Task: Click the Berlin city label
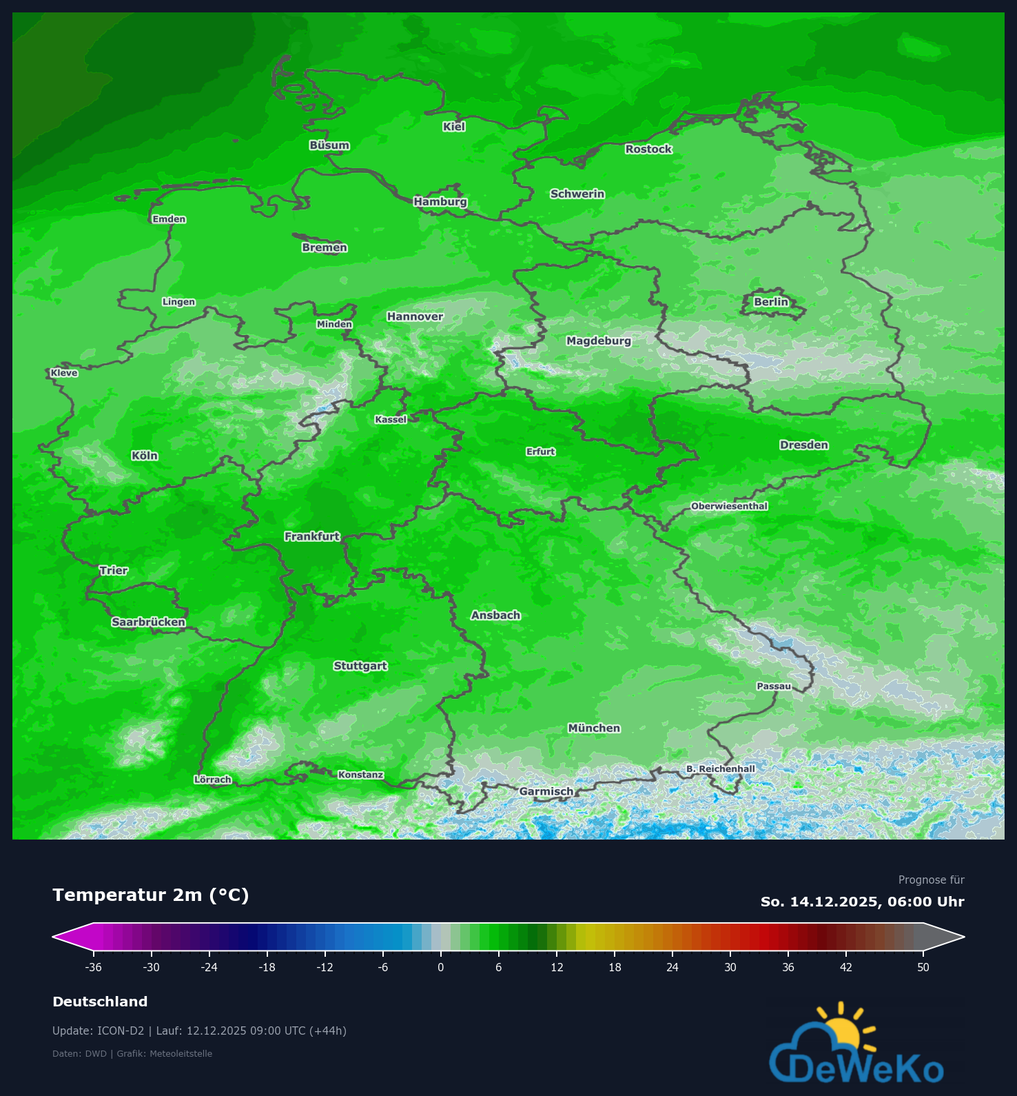pyautogui.click(x=770, y=302)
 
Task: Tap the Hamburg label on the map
pyautogui.click(x=440, y=202)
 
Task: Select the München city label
pyautogui.click(x=594, y=728)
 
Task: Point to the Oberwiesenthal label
pyautogui.click(x=729, y=506)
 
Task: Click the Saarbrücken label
pyautogui.click(x=148, y=622)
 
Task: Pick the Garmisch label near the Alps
pyautogui.click(x=546, y=791)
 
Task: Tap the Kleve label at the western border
pyautogui.click(x=64, y=373)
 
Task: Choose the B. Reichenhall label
pyautogui.click(x=720, y=769)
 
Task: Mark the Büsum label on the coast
pyautogui.click(x=329, y=145)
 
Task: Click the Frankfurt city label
pyautogui.click(x=312, y=536)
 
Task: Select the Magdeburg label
pyautogui.click(x=598, y=341)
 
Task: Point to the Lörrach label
pyautogui.click(x=213, y=780)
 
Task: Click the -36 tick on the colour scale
pyautogui.click(x=94, y=967)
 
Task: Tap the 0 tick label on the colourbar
pyautogui.click(x=441, y=967)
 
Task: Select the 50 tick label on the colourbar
pyautogui.click(x=923, y=967)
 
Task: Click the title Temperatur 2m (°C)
pyautogui.click(x=151, y=895)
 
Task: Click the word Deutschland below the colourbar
pyautogui.click(x=100, y=1002)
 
